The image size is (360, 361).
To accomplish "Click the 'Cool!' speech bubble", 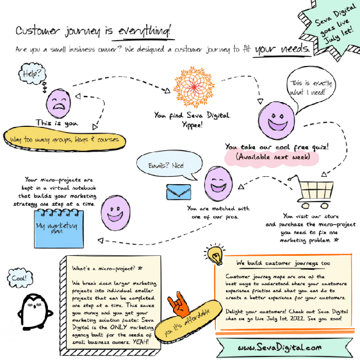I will pyautogui.click(x=19, y=279).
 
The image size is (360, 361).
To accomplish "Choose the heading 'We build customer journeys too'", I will pyautogui.click(x=283, y=263).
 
